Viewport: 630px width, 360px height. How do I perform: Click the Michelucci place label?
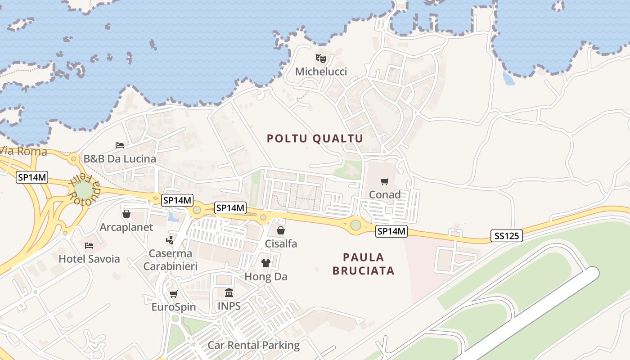pos(321,72)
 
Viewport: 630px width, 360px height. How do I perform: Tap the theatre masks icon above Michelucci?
pos(321,58)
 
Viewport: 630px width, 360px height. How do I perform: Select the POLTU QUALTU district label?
pos(315,138)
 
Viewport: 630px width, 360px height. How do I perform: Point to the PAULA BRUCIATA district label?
pos(363,264)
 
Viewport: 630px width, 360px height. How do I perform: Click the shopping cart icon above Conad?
pos(384,181)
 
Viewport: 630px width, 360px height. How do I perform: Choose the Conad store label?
pos(385,194)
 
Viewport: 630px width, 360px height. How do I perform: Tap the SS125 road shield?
pos(506,236)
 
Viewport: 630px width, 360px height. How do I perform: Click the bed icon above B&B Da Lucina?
pos(120,145)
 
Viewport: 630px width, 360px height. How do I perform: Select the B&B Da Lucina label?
pos(120,158)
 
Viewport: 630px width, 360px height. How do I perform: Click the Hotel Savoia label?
pos(90,259)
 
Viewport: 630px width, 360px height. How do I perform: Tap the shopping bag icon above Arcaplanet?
pos(126,214)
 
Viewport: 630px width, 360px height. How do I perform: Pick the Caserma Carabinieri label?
pos(171,260)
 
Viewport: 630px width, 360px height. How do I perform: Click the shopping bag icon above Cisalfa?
pos(281,231)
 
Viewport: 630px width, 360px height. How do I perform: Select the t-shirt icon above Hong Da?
pos(265,263)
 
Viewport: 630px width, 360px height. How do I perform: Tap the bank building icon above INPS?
pos(229,293)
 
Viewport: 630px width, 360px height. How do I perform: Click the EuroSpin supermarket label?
pos(174,307)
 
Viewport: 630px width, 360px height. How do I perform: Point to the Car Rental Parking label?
pos(253,345)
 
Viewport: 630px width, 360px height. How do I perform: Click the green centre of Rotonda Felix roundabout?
pos(84,189)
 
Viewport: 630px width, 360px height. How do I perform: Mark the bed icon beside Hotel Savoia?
pos(89,245)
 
